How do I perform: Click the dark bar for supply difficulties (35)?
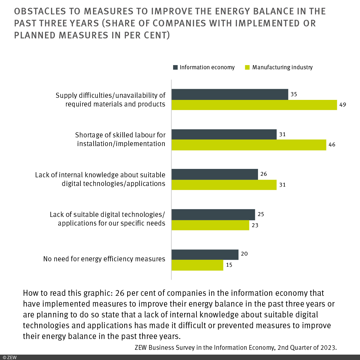[230, 94]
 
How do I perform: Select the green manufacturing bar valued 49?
[254, 105]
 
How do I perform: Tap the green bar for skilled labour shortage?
[249, 145]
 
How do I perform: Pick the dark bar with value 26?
[215, 174]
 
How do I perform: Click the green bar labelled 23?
[210, 225]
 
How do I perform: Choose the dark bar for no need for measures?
[205, 254]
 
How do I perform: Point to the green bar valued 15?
[197, 265]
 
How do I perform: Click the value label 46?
[332, 145]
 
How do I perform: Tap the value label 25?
[261, 214]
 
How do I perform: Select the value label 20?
[244, 254]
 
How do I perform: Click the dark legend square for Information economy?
[175, 67]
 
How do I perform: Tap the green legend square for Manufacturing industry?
[247, 67]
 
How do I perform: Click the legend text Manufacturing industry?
[282, 67]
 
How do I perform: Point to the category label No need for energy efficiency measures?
[104, 259]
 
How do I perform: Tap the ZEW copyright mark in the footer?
[10, 357]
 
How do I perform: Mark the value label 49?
[343, 105]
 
